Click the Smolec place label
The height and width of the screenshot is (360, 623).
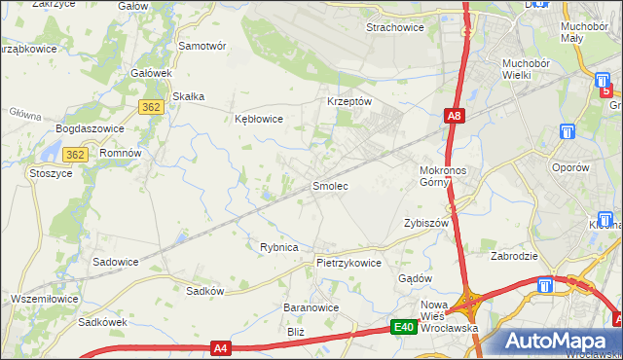coord(330,185)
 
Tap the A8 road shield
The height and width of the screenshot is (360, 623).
coord(454,116)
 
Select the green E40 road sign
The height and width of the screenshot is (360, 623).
coord(405,328)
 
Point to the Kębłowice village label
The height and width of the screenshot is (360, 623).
coord(259,119)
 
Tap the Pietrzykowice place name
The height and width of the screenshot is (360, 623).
coord(348,263)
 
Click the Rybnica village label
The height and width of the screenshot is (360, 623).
coord(278,247)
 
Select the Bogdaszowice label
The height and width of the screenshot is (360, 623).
coord(92,128)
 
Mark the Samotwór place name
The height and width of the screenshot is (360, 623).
coord(202,46)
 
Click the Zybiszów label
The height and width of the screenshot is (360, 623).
coord(425,223)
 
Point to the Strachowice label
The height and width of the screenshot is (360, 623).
coord(394,27)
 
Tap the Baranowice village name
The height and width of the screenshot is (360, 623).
coord(311,307)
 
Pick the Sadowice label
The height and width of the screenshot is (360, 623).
coord(115,262)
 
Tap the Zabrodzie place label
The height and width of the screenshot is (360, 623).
coord(516,257)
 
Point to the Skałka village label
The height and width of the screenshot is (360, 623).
coord(188,95)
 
